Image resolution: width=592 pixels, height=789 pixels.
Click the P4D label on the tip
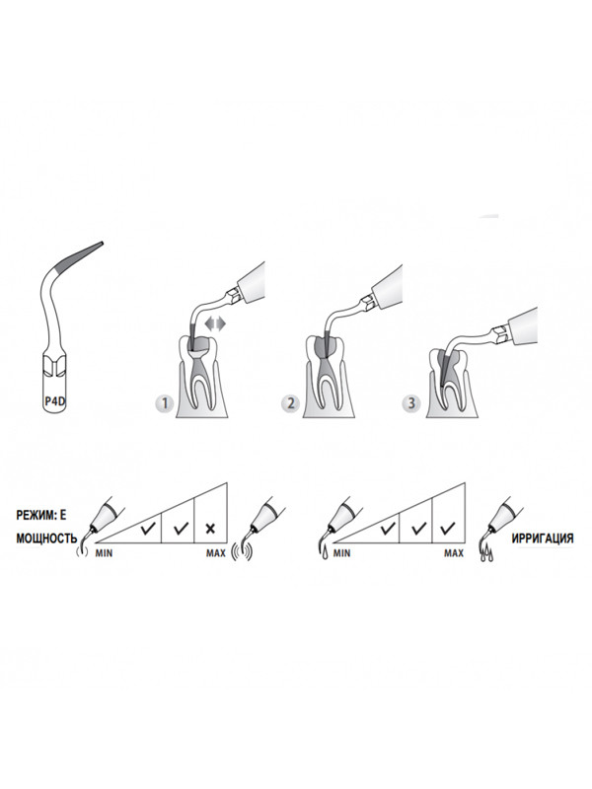pos(55,401)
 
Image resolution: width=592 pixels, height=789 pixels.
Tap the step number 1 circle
pos(165,403)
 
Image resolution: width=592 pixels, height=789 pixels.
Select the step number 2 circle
pos(291,403)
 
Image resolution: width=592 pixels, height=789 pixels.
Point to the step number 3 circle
pos(411,403)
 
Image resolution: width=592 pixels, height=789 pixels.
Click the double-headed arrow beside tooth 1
pos(216,324)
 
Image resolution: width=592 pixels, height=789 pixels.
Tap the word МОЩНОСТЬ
pos(46,538)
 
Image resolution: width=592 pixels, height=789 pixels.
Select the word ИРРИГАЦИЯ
pos(542,538)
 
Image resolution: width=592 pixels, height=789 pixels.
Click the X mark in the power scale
pos(210,529)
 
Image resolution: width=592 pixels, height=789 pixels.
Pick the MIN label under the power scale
pos(105,553)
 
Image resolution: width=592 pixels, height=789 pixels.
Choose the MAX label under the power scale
pos(216,553)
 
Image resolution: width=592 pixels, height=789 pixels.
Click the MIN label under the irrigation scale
pos(341,553)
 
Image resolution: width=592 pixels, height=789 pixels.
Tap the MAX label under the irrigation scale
pos(454,553)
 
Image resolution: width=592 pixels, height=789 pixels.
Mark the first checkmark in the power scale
pos(148,529)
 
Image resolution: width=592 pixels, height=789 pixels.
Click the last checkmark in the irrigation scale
pos(448,529)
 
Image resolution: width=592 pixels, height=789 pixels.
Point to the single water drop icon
pos(323,552)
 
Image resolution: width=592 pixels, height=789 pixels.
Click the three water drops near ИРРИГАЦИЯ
pos(486,555)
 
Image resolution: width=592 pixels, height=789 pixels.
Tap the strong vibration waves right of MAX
pos(242,551)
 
